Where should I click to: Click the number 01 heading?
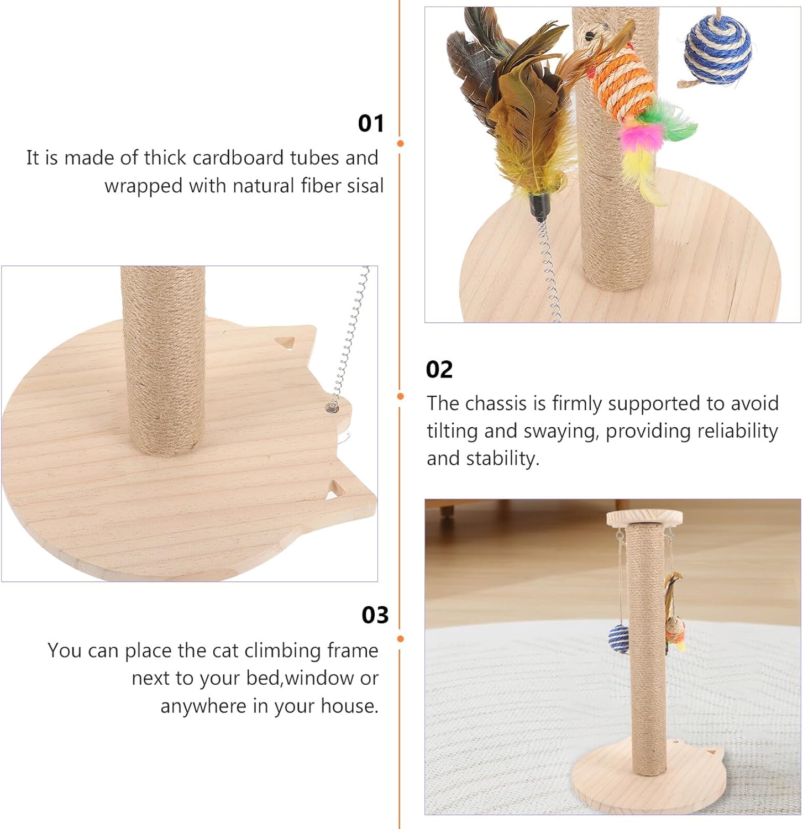(x=371, y=123)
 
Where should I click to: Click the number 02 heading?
(x=439, y=369)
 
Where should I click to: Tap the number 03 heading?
(x=375, y=615)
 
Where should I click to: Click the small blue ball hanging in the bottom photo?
(x=618, y=639)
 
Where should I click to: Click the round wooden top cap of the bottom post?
(x=644, y=518)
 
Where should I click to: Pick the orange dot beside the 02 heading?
(x=400, y=396)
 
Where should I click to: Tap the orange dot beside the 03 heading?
(x=400, y=639)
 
